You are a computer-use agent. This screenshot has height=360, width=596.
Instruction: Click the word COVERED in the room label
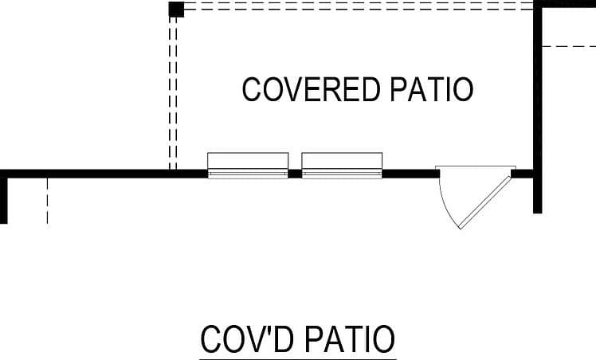pos(312,89)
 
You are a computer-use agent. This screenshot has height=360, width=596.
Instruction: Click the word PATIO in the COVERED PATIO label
pos(432,89)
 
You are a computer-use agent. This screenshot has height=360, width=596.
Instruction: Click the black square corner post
pos(176,9)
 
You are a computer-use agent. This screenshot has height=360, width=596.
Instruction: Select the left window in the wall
pos(248,166)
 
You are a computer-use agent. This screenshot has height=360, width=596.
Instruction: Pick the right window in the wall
pos(342,166)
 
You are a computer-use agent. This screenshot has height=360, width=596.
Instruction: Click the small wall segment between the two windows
pos(295,174)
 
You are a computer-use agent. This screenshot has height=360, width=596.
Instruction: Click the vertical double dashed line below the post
pos(173,93)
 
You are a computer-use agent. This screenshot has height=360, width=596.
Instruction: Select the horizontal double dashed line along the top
pos(359,6)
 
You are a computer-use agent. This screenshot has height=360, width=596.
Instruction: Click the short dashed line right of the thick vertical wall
pos(569,47)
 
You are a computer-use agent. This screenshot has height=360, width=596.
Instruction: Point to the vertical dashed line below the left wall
pos(48,201)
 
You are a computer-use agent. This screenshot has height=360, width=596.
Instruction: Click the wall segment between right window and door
pos(411,174)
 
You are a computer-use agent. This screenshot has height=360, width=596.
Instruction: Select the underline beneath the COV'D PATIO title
pos(298,359)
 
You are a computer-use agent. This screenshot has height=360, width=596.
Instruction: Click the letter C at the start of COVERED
pos(252,89)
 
